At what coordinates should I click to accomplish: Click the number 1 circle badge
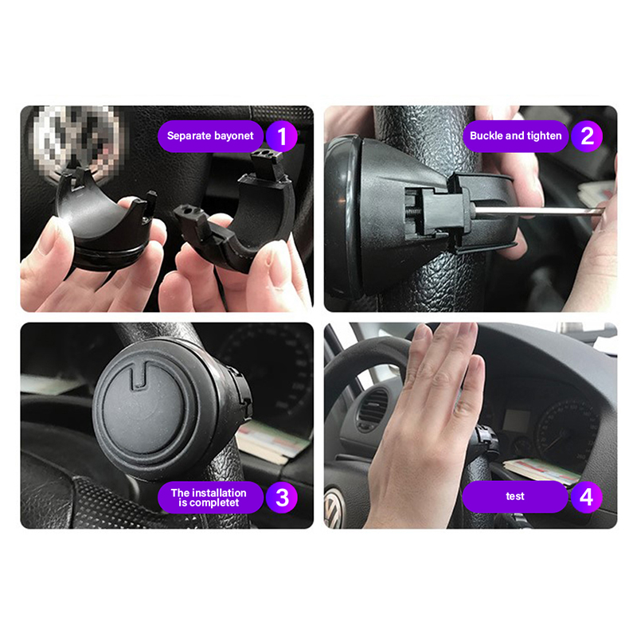click(282, 136)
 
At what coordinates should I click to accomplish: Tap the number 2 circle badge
click(587, 136)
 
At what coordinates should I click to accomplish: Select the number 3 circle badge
click(282, 497)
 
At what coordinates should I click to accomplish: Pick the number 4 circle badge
click(587, 497)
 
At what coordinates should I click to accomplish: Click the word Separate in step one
click(189, 136)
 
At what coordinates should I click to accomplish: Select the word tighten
click(544, 136)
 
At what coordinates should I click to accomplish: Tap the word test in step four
click(515, 496)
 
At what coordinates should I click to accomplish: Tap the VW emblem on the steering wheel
click(334, 509)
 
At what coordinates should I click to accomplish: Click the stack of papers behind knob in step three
click(272, 442)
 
